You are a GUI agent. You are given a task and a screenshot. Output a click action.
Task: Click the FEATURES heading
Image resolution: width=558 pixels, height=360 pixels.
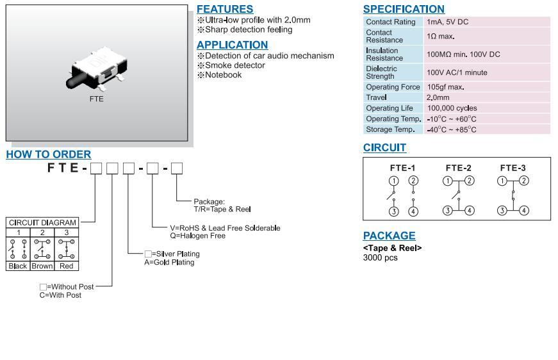pos(225,9)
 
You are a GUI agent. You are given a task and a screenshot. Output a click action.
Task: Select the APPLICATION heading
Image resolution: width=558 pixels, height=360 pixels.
pos(232,45)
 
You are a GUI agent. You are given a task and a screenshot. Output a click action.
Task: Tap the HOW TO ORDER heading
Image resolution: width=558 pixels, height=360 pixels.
pos(49,154)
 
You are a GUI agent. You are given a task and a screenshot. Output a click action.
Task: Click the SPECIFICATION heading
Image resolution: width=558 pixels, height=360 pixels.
pos(404,9)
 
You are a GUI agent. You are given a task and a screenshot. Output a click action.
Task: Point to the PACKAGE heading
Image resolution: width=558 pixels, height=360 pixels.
pos(389,236)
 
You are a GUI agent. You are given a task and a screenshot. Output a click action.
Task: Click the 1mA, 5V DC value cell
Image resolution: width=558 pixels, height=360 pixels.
pos(448,22)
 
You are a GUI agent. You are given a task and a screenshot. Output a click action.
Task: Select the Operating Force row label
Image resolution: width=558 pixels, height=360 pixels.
pos(393,87)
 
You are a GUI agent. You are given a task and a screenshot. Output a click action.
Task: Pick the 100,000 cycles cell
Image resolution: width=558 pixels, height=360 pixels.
pos(452,108)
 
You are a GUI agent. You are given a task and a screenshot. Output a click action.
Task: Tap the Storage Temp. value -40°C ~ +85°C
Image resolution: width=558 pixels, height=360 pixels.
pos(452,129)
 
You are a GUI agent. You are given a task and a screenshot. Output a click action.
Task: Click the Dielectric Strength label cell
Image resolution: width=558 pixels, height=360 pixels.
pos(382,72)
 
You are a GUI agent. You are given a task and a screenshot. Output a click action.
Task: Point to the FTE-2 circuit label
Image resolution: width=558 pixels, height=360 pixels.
pos(458,168)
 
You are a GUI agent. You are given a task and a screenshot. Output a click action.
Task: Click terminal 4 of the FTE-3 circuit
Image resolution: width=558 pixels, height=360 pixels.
pos(524,211)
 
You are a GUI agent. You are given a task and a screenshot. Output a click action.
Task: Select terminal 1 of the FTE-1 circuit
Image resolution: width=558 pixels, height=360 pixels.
pos(393,181)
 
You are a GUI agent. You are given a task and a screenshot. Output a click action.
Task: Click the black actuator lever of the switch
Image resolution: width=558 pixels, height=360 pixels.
pos(76,82)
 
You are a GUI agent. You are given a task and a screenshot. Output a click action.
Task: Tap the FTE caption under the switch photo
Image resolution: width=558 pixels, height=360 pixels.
pos(96,99)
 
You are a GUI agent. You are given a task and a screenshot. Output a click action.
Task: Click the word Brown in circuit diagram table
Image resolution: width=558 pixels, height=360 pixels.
pos(42,266)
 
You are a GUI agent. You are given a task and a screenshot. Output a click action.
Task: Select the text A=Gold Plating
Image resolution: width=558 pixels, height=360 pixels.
pos(169,262)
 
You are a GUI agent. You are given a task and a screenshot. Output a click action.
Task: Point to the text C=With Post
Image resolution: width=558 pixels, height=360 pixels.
pos(61,295)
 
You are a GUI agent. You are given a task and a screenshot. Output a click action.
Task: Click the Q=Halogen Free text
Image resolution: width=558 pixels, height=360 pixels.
pos(197,236)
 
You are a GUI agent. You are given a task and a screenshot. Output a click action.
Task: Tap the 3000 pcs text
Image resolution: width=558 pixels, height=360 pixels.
pos(381,258)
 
